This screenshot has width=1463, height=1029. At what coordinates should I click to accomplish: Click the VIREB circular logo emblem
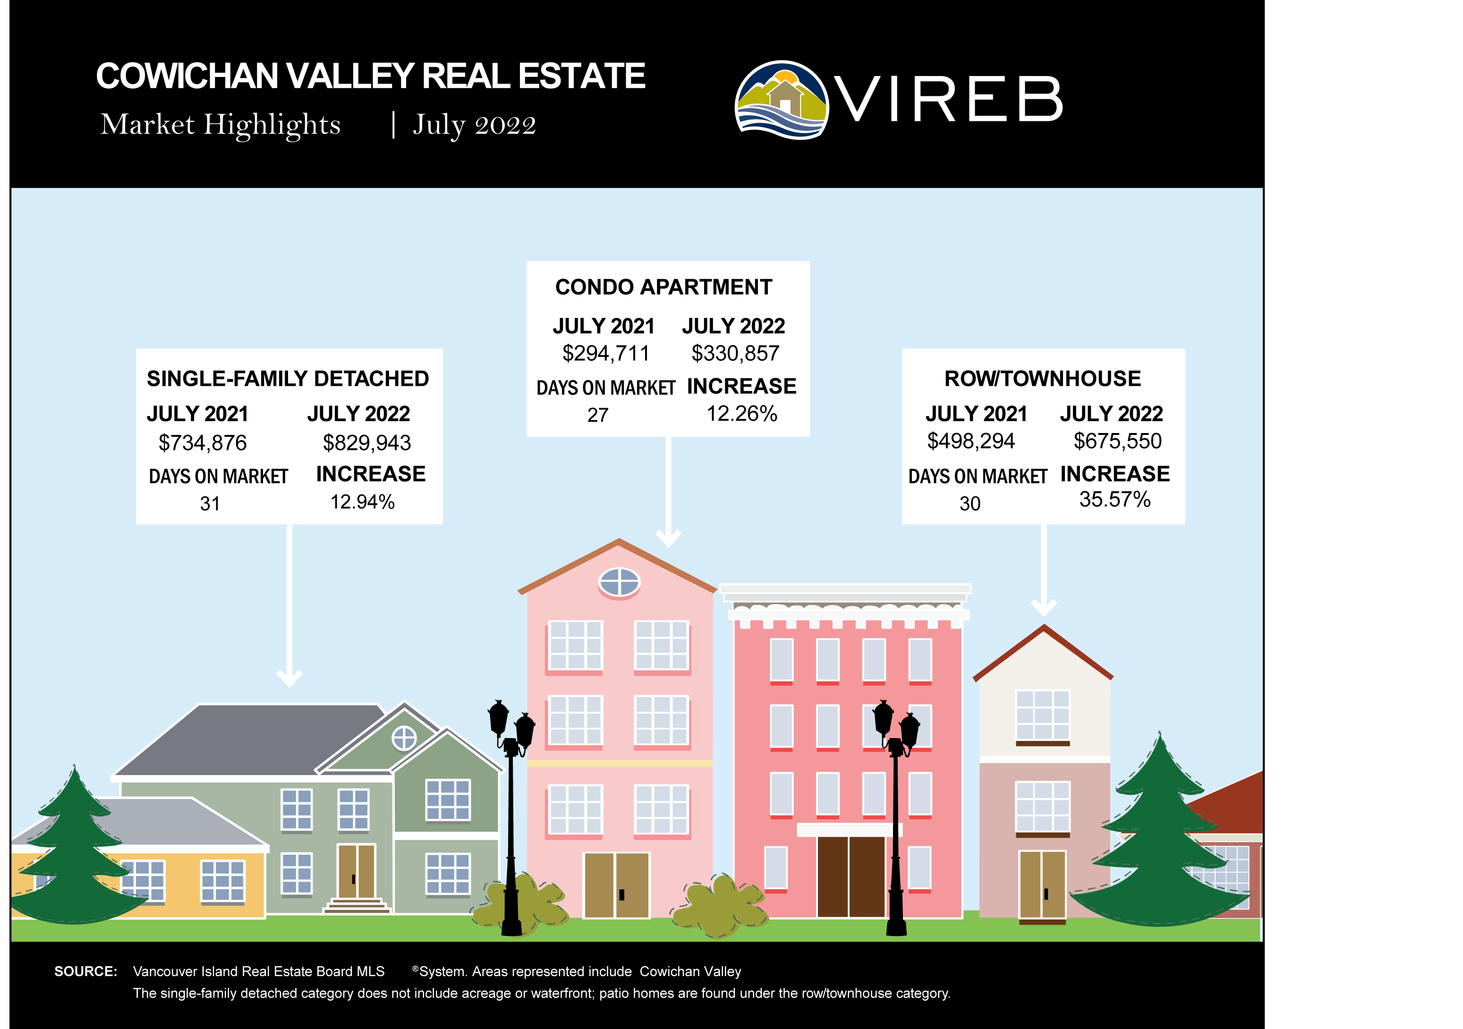coord(782,100)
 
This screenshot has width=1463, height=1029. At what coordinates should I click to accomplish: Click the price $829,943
coord(367,443)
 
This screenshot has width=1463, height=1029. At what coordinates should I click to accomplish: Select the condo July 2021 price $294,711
coord(606,354)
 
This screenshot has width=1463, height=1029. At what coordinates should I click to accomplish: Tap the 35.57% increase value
coord(1115,500)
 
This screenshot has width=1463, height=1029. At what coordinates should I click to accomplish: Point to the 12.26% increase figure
coord(742,414)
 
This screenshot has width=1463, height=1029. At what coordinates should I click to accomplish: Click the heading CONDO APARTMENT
coord(663,288)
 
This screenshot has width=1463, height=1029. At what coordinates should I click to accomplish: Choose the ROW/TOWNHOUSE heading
coord(1042,378)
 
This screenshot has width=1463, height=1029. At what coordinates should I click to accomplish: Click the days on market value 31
coord(210,504)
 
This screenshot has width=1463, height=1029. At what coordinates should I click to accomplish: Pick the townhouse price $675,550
coord(1118,441)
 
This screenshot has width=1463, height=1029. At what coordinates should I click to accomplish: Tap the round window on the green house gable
coord(404,739)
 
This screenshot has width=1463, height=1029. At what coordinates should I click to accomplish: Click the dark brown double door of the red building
coord(851,877)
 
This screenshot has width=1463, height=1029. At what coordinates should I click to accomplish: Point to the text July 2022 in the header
coord(475,125)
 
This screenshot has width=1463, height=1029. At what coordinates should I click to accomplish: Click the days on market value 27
coord(598,416)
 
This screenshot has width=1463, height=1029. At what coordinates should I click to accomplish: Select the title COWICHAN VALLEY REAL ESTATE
coord(371,76)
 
